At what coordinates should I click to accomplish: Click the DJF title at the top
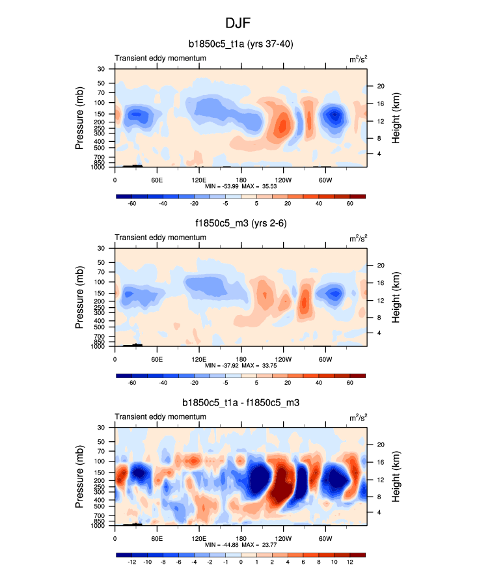pos(238,23)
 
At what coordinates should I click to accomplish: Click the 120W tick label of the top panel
pos(283,180)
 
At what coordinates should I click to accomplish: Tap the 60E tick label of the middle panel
pos(157,359)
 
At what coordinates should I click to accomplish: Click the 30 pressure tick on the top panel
pos(101,69)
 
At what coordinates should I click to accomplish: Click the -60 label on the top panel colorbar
pos(132,204)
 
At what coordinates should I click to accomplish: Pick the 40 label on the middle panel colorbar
pos(304,383)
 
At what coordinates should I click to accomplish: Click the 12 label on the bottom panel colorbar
pos(349,562)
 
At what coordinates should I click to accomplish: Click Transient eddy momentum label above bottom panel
pos(161,417)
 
